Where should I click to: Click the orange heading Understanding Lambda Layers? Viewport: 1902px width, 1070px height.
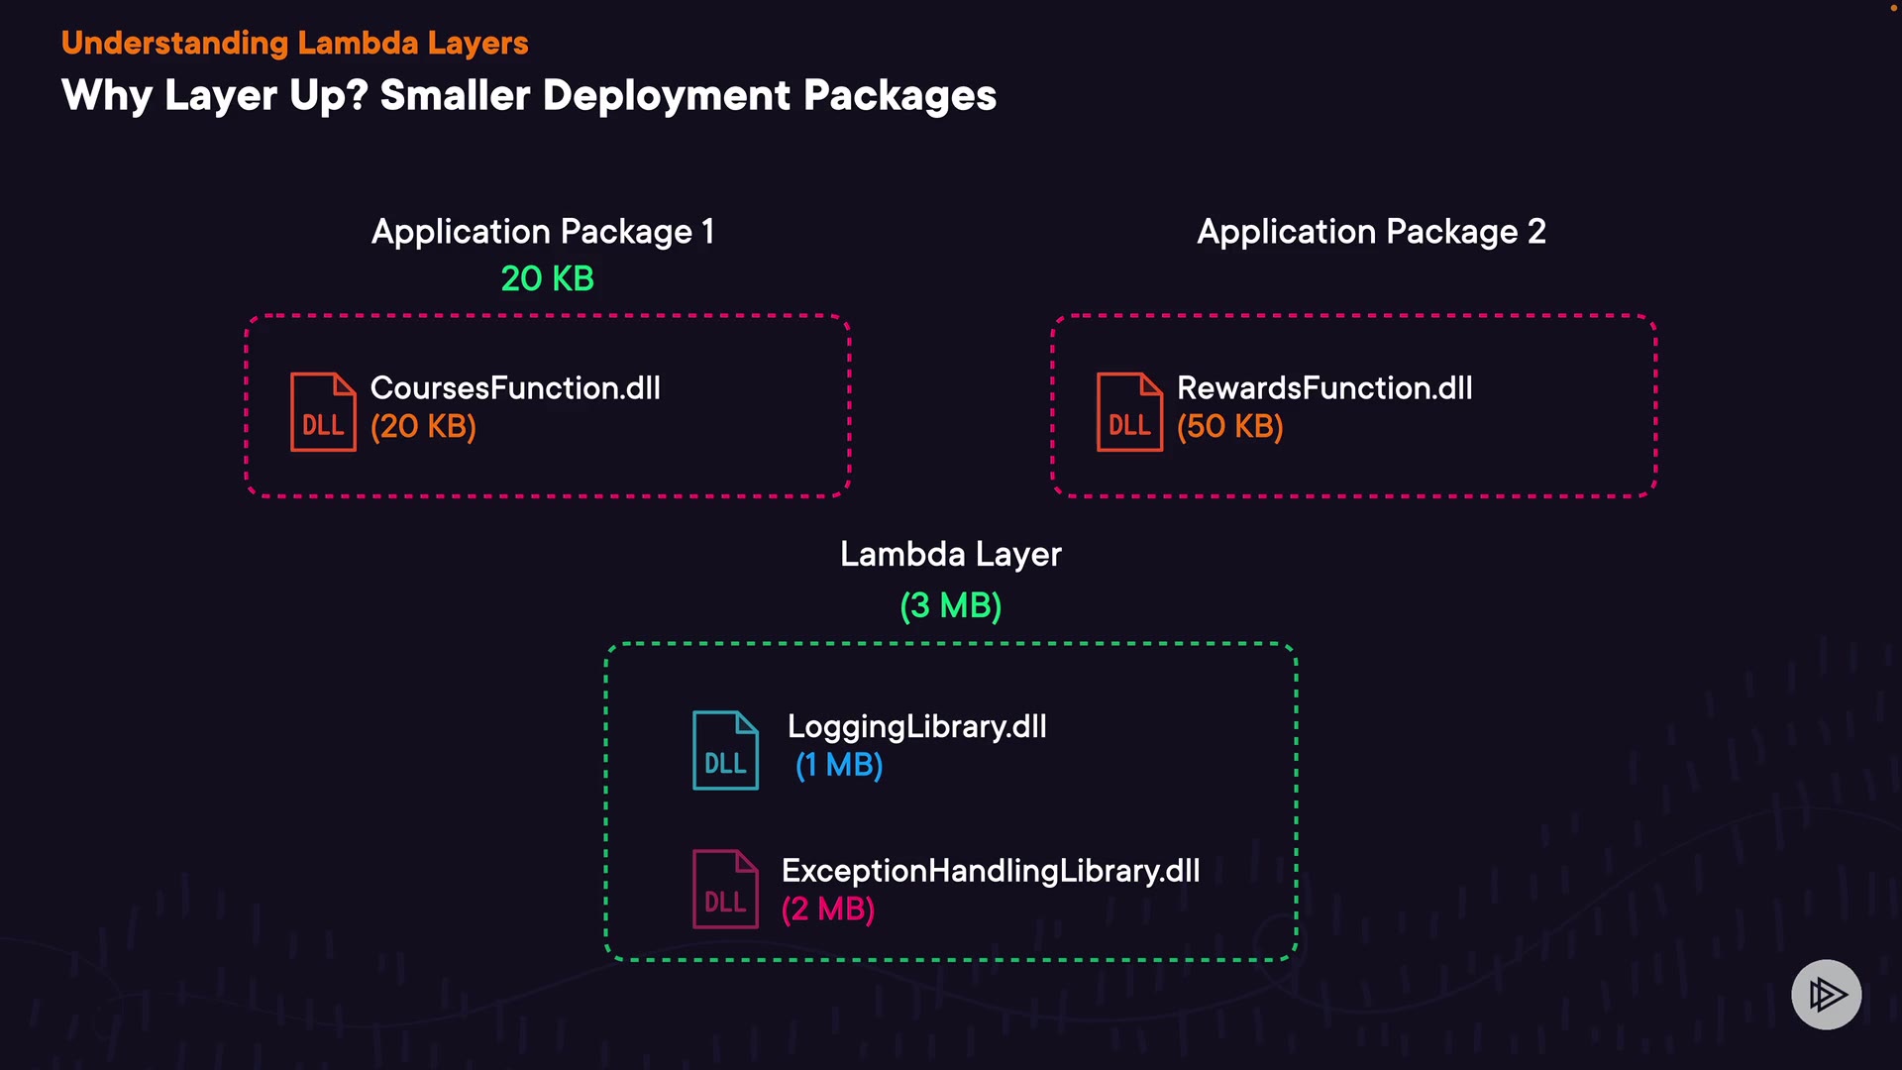(x=294, y=44)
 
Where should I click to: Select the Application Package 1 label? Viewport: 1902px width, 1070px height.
(x=543, y=232)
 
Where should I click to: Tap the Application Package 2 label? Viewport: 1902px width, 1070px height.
(x=1371, y=232)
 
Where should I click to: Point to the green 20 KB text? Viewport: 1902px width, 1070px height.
(x=548, y=278)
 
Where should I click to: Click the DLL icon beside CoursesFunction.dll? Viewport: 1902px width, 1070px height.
(x=323, y=412)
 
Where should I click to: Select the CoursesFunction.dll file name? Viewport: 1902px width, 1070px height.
(x=515, y=387)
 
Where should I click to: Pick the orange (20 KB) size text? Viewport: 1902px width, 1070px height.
(x=423, y=427)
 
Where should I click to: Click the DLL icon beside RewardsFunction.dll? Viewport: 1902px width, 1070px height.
(x=1129, y=412)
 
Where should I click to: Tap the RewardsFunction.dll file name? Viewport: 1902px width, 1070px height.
(x=1324, y=387)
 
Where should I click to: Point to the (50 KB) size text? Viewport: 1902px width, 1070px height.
(x=1230, y=427)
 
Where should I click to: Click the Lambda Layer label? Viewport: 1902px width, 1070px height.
(x=951, y=555)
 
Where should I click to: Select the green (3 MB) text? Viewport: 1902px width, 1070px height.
(x=951, y=605)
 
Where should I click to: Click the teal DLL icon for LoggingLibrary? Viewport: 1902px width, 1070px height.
(x=726, y=750)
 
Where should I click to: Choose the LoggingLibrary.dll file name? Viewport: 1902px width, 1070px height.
(x=917, y=727)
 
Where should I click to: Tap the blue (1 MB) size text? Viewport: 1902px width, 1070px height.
(x=839, y=765)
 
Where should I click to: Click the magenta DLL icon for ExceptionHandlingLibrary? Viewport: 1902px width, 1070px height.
(x=726, y=889)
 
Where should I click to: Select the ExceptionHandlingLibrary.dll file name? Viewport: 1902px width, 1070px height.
(x=991, y=871)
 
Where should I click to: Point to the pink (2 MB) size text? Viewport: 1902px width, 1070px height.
(x=828, y=909)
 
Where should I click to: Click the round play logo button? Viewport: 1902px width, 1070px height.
(x=1827, y=995)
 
